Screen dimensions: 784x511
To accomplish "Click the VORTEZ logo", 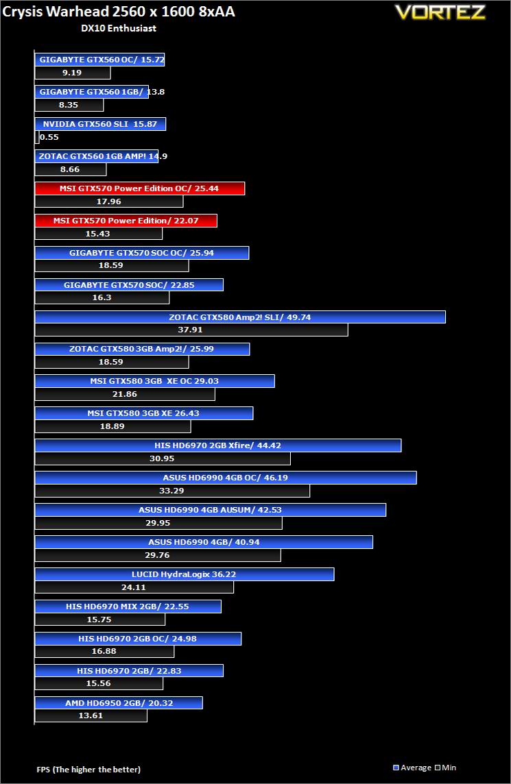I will click(440, 12).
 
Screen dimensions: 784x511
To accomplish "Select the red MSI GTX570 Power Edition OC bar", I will click(140, 188).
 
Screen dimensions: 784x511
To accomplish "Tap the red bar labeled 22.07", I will click(126, 221).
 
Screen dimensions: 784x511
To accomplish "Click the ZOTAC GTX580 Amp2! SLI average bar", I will click(240, 317).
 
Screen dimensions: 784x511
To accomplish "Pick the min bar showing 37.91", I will click(191, 330).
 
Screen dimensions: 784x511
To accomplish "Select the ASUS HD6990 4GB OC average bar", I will click(226, 478).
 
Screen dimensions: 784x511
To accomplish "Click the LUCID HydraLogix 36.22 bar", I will click(185, 574).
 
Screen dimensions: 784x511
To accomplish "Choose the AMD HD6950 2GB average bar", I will click(119, 702).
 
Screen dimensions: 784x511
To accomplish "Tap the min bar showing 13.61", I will click(91, 715).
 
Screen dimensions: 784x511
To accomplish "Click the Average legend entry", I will click(412, 768).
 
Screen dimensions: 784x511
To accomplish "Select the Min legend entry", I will click(445, 768).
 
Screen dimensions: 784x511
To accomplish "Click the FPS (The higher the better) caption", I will click(88, 769).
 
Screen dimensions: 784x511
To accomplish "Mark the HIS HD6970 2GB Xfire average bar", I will click(218, 445).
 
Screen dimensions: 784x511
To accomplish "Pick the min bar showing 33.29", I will click(172, 491).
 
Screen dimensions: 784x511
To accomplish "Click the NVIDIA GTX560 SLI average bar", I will click(100, 124).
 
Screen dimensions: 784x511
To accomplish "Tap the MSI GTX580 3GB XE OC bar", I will click(154, 381).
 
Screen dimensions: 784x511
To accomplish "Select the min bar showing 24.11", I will click(134, 587).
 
